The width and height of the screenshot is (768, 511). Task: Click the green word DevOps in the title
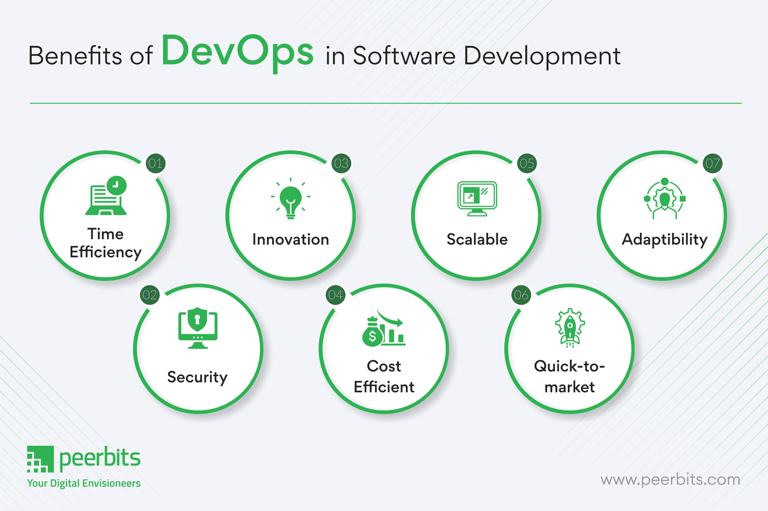237,52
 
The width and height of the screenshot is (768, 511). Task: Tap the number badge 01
155,164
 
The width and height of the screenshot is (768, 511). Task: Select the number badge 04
336,295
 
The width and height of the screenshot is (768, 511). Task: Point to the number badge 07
712,164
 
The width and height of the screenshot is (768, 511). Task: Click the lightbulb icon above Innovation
291,199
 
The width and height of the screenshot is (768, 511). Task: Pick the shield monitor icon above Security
198,328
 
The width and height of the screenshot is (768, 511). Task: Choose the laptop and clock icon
107,196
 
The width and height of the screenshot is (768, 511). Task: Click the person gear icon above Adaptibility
664,199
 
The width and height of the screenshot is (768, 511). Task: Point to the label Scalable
477,239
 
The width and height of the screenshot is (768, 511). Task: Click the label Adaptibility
664,240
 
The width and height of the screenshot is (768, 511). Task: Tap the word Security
197,377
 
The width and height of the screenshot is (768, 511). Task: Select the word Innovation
291,239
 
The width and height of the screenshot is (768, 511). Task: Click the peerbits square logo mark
40,459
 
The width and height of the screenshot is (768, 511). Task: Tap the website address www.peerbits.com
670,479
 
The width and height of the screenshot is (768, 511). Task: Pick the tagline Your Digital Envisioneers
84,483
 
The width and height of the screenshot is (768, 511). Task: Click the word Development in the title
542,56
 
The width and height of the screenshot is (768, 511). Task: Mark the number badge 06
521,295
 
